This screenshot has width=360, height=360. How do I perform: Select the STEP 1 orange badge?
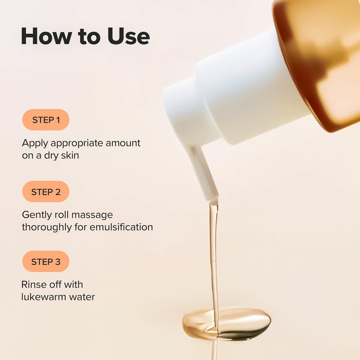point(46,120)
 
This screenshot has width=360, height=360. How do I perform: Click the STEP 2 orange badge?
point(46,192)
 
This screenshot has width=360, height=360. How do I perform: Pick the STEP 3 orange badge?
point(46,262)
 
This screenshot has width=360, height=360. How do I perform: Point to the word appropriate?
point(77,143)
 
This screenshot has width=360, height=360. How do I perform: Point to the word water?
point(82,297)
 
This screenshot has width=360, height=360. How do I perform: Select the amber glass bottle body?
point(324,62)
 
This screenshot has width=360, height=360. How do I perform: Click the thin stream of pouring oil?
point(213,257)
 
